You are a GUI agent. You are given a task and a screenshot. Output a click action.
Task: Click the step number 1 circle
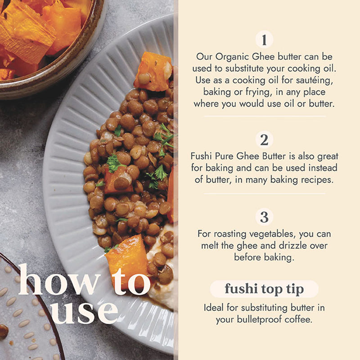tap(264, 40)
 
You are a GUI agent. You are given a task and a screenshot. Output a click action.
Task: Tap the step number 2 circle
tap(264, 139)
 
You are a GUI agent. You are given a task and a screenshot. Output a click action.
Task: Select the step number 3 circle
tap(264, 217)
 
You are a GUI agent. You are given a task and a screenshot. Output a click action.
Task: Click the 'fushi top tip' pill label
tap(264, 289)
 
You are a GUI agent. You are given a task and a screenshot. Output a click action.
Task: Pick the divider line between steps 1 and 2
tap(265, 117)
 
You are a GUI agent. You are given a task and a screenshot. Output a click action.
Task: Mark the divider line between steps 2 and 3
tap(265, 193)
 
